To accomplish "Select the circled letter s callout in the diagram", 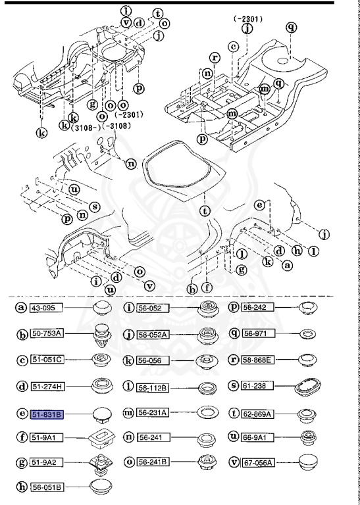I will point(94,206).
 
